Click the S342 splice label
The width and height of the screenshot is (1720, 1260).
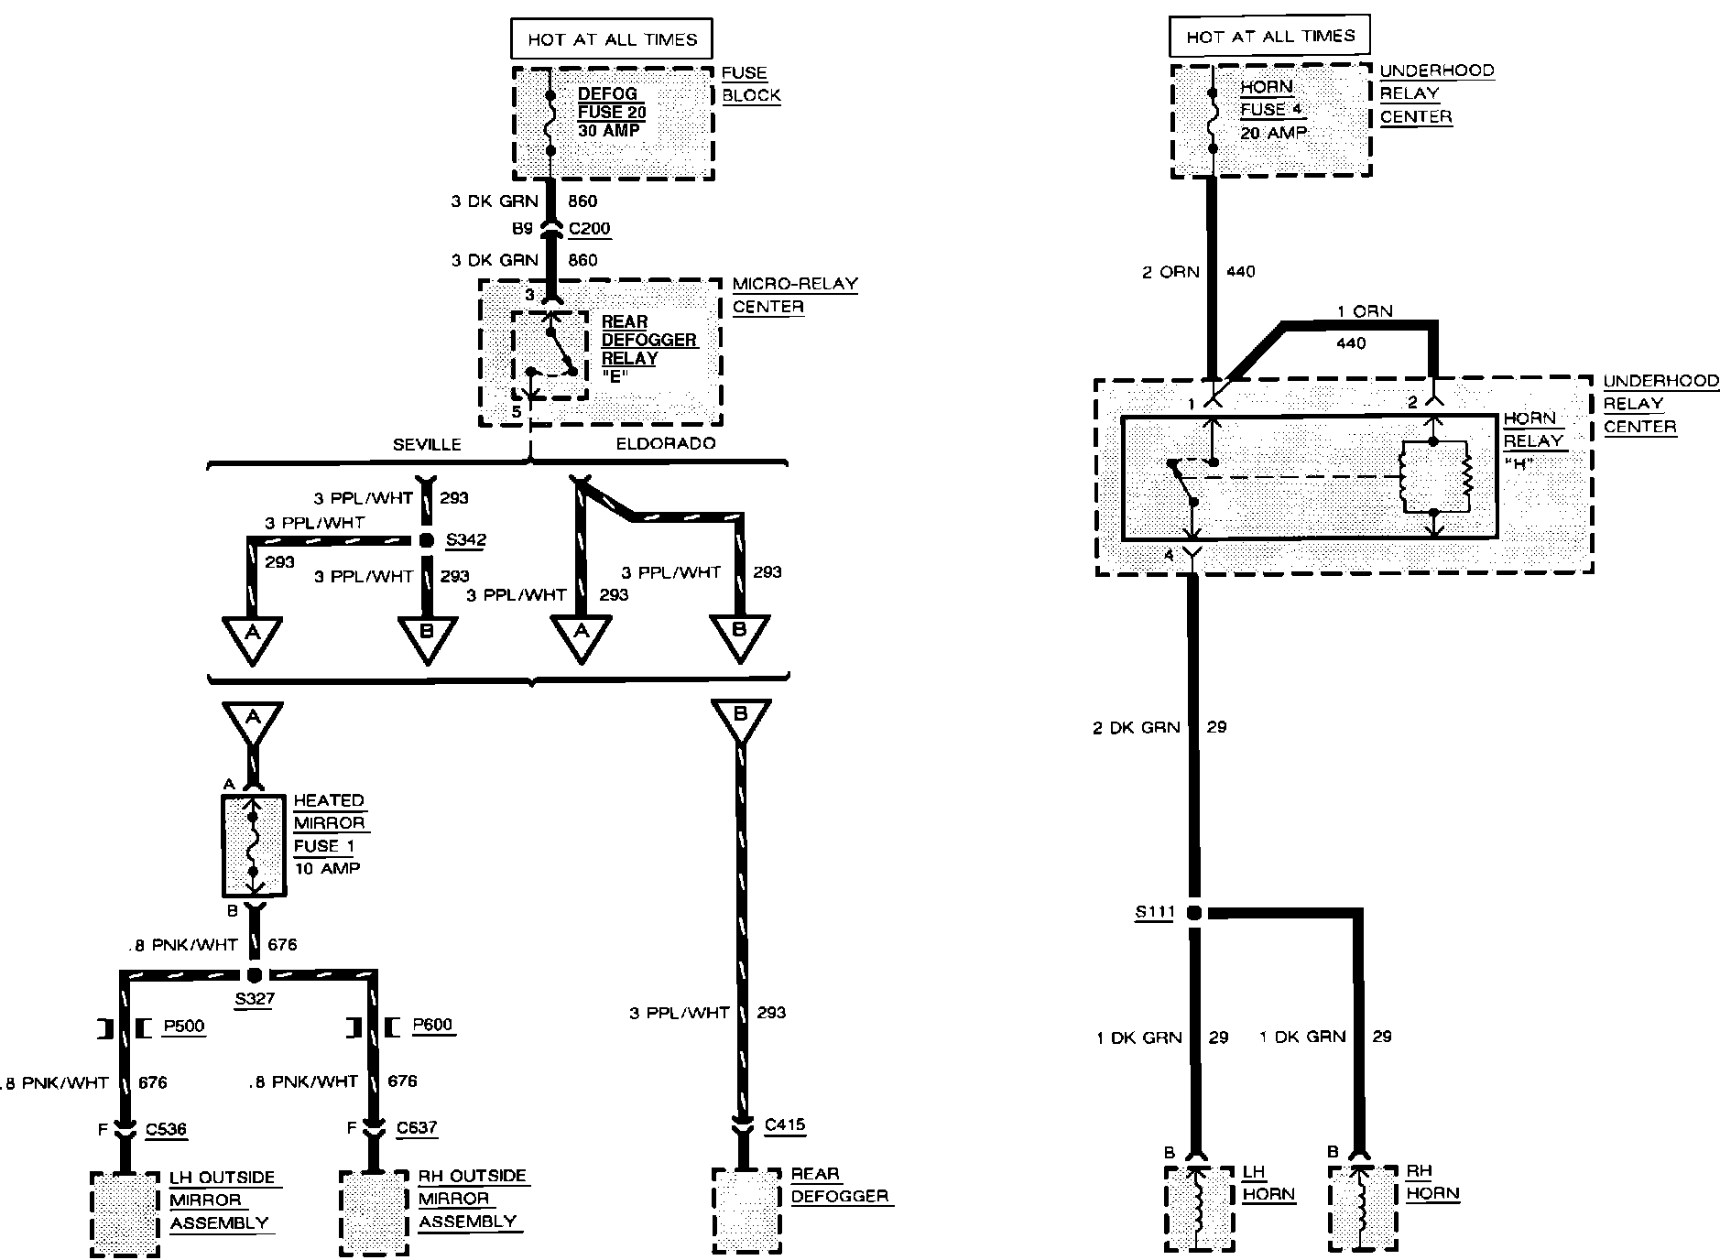465,539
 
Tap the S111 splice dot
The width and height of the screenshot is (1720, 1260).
1194,912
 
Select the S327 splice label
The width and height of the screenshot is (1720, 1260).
254,999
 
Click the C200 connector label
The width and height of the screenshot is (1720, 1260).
589,229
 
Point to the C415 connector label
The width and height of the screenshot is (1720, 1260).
785,1124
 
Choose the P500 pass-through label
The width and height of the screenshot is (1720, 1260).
184,1026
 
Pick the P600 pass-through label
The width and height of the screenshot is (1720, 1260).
433,1025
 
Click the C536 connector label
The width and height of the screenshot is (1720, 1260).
166,1129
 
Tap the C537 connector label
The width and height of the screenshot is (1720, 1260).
417,1128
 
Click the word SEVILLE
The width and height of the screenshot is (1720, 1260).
427,444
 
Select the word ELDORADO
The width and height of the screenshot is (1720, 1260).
666,443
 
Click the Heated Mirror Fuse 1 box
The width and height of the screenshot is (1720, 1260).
254,845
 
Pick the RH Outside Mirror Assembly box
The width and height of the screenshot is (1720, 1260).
374,1212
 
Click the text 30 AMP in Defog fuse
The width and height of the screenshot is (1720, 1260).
609,130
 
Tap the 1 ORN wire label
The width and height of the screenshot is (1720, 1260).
1365,311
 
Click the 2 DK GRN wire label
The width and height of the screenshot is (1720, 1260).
1136,728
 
